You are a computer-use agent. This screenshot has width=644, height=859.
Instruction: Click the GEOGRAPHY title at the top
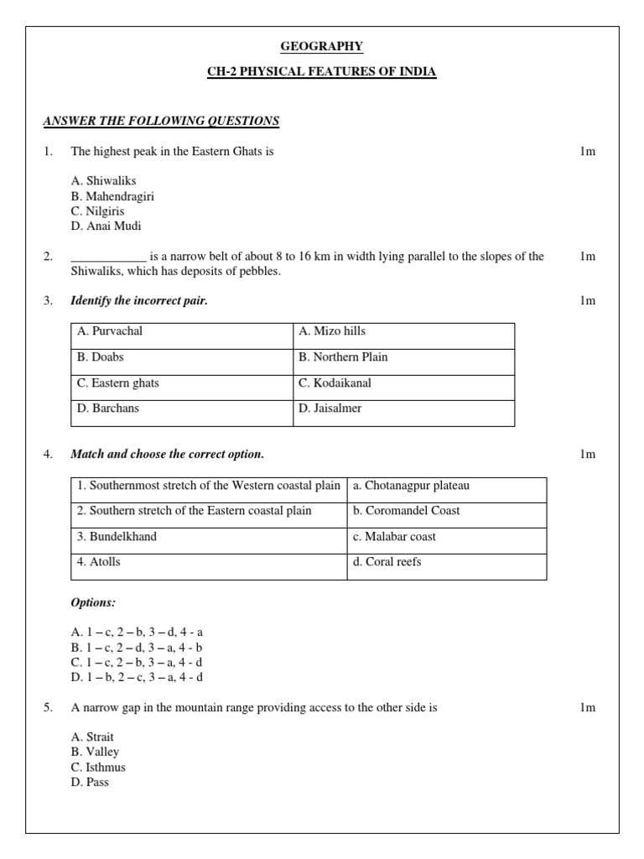point(322,46)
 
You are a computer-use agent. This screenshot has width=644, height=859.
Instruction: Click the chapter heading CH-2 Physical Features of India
point(322,72)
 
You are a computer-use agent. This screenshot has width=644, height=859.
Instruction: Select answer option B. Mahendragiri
point(113,196)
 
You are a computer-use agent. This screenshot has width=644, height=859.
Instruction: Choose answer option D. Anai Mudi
point(106,226)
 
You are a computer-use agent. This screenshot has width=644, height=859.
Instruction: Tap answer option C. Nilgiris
point(98,211)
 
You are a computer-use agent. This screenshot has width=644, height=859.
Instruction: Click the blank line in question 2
point(109,258)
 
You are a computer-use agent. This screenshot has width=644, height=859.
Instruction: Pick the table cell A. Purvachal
point(110,331)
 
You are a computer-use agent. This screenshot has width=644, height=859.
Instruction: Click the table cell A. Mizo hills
point(332,331)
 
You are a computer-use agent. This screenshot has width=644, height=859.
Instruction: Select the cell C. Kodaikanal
point(335,383)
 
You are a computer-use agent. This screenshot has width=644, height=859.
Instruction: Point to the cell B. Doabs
point(101,357)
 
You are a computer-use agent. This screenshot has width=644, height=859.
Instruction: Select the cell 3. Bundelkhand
point(117,537)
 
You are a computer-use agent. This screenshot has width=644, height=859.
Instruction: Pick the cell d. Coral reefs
point(387,562)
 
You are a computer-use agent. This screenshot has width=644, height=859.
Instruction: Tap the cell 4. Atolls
point(99,562)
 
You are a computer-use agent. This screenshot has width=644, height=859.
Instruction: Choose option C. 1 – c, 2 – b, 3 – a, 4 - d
point(138,662)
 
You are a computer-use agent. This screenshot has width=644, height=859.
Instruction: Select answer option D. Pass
point(91,783)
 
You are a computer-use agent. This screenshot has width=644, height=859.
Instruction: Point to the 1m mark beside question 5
point(587,708)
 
